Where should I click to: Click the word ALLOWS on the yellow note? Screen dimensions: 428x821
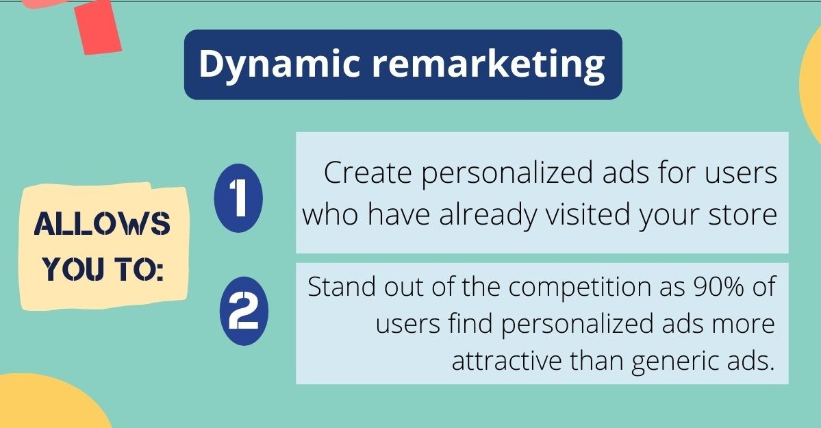click(x=102, y=224)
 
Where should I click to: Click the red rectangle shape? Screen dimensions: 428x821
click(x=98, y=26)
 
